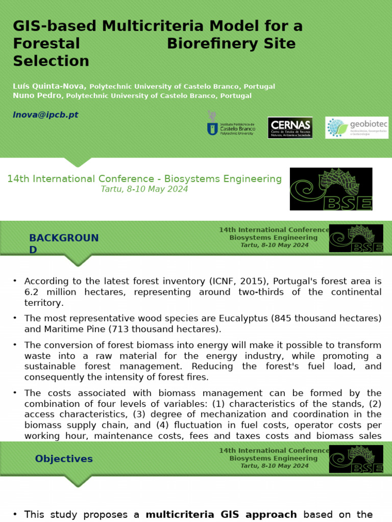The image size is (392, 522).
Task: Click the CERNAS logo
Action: [290, 127]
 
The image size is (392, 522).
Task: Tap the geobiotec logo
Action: [356, 127]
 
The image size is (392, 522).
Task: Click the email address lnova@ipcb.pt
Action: [45, 115]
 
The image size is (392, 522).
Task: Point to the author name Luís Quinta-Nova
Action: [50, 86]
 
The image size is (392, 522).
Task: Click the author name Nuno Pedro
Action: [37, 95]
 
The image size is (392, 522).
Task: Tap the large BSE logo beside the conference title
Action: [331, 189]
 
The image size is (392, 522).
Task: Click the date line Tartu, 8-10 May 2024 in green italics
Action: [144, 189]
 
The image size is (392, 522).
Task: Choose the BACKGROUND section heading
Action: [64, 243]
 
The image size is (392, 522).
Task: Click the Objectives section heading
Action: [64, 459]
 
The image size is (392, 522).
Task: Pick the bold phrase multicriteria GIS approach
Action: [221, 514]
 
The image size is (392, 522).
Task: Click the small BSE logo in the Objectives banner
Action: [356, 459]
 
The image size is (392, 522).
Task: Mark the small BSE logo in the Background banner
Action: [356, 238]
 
